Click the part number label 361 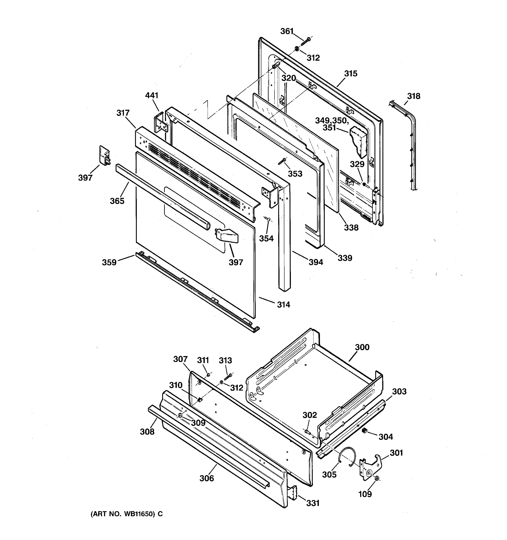pyautogui.click(x=287, y=31)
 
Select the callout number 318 pyautogui.click(x=413, y=96)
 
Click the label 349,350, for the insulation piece pyautogui.click(x=331, y=120)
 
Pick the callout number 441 pyautogui.click(x=151, y=95)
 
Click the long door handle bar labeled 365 pyautogui.click(x=163, y=196)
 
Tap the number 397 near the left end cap pyautogui.click(x=85, y=178)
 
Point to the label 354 pyautogui.click(x=266, y=238)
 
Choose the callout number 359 pyautogui.click(x=109, y=262)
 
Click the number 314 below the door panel pyautogui.click(x=283, y=305)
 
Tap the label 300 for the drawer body pyautogui.click(x=362, y=347)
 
